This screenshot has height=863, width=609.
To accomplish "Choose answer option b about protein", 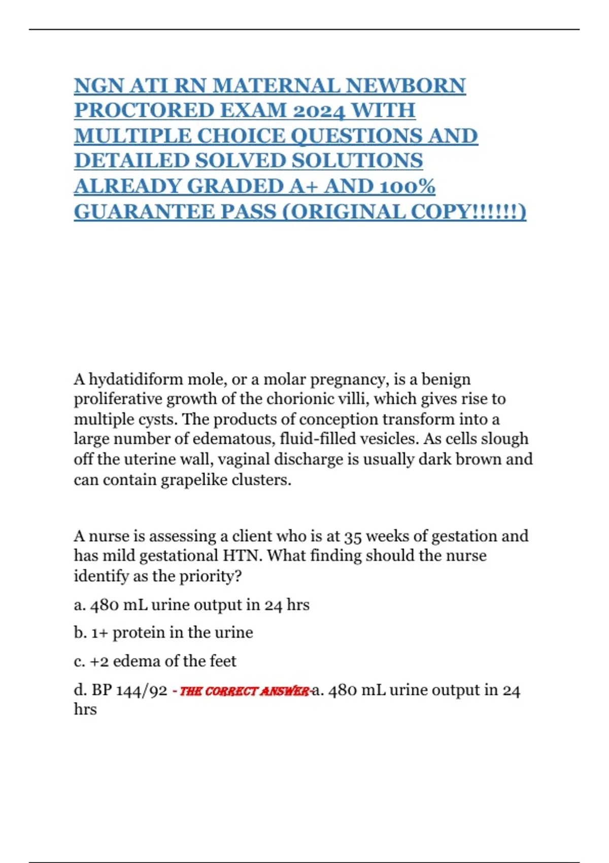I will (x=163, y=633).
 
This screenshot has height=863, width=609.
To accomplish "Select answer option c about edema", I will (x=155, y=661).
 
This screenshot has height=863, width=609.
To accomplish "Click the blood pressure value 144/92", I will (x=142, y=690).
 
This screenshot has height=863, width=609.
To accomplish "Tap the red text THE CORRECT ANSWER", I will (x=244, y=691).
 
